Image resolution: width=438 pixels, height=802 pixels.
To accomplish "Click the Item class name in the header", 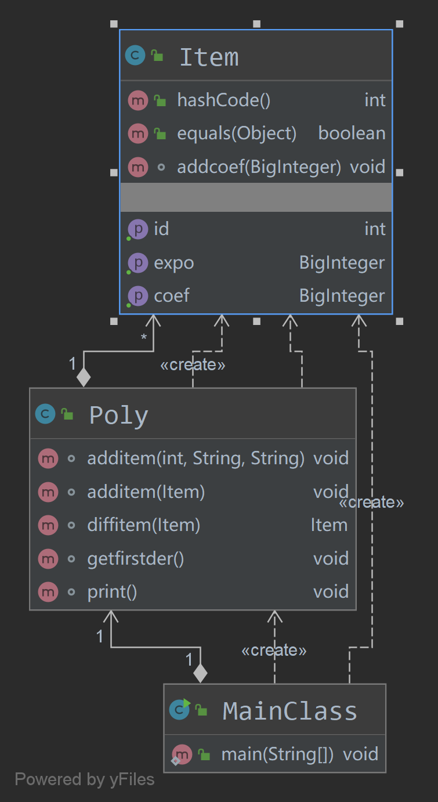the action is pos(209,57).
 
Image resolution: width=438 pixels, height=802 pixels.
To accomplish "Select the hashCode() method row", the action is pos(223,100).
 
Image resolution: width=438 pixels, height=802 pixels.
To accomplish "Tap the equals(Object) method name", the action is pos(237,133).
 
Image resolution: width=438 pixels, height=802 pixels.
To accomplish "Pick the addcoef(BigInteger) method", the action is pos(259,167).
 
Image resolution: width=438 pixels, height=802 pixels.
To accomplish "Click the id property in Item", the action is pos(161,229).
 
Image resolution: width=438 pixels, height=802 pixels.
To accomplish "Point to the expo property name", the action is pos(173,263).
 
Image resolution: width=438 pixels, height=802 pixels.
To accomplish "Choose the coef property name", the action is pos(172,296).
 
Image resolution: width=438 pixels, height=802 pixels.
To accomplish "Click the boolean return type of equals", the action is pos(352,133).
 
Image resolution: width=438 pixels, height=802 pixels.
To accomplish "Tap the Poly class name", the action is pos(118,416).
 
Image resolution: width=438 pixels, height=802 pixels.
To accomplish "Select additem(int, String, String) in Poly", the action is pos(196,458).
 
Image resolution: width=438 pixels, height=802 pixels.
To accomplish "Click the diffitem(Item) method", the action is pos(143,526).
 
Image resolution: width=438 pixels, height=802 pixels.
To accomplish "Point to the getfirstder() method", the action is pos(135,559).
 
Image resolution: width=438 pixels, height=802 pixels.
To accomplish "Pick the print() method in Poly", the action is pos(112,592).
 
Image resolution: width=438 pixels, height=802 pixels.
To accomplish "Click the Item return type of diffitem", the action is pos(329,526).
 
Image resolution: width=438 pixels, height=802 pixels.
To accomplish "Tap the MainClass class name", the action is pos(289,711).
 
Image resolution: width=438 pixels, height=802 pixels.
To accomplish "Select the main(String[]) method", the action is pos(277,754).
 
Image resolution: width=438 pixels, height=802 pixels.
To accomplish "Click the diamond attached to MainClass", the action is pos(200,673).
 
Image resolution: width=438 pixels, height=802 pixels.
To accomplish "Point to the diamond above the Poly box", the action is pos(84,377).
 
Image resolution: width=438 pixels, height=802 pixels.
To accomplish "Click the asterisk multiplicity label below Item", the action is pos(144,337).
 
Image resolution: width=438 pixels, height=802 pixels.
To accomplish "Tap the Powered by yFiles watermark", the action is pos(85,779).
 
